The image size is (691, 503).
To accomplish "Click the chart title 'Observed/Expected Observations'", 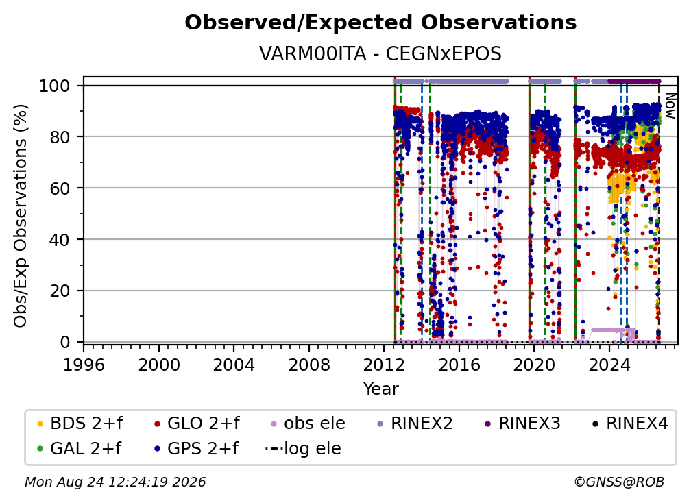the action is point(380,23).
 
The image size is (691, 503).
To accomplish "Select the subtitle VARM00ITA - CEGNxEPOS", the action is point(380,53).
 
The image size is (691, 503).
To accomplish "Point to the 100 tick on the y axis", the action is point(55,86).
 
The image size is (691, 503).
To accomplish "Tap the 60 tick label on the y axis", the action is point(60,188).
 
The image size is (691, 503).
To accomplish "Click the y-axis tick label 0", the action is point(65,342).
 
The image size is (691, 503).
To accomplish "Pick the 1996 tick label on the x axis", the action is point(84,365).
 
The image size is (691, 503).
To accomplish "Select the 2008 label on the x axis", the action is point(309,365).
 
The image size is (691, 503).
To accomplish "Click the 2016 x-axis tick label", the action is point(459,365).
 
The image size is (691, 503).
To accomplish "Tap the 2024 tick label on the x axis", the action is point(609,365).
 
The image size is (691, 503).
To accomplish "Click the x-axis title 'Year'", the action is point(380,389).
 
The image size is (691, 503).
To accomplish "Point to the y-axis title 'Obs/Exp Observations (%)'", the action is point(21,215).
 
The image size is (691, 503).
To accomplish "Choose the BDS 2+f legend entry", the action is point(80,424).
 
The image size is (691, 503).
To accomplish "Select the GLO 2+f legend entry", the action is point(197,424).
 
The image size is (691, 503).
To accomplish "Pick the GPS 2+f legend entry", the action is point(196,449).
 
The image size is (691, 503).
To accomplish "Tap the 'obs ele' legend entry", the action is point(306,424).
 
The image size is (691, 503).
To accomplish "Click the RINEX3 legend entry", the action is point(522,424).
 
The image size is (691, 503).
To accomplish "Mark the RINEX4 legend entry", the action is point(630,424).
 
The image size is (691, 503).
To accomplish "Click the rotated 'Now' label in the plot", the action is point(670,106).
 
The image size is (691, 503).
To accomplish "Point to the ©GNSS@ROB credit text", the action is point(619,482).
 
